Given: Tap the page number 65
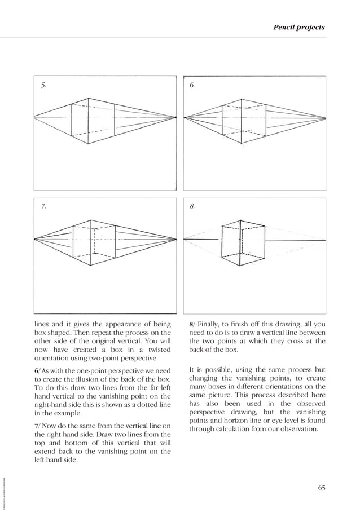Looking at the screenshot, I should pos(321,487).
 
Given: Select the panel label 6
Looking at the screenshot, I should pos(192,85).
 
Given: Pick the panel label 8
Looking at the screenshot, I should pos(192,207).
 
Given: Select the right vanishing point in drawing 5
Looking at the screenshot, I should pos(175,117).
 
